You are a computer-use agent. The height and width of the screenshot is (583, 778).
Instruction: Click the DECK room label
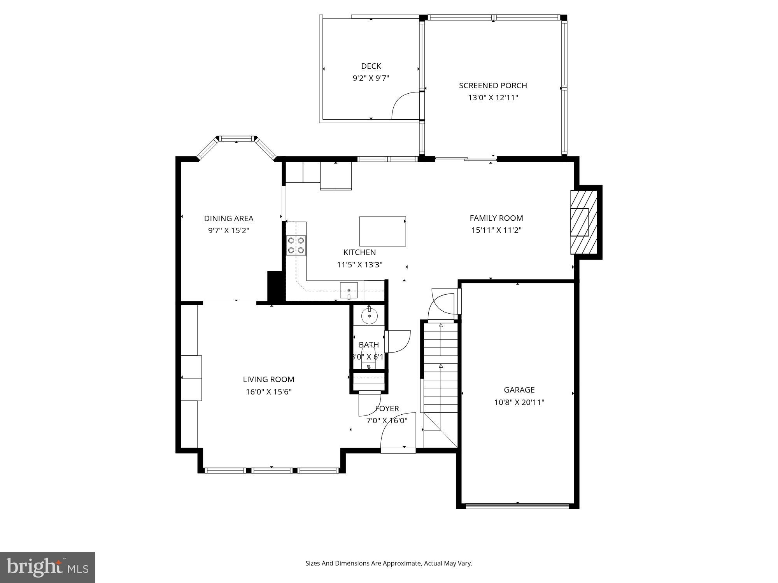tap(371, 66)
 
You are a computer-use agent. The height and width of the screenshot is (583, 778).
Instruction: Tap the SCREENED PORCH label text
tap(493, 86)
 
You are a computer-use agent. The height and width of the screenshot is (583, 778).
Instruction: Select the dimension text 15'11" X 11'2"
tap(496, 230)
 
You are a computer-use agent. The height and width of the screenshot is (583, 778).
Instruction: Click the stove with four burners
tap(296, 245)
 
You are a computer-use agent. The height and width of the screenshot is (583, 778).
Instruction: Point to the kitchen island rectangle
tap(382, 231)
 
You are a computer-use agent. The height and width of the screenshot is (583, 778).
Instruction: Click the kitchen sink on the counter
tap(349, 290)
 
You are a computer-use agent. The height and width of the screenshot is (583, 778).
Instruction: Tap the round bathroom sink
tap(369, 316)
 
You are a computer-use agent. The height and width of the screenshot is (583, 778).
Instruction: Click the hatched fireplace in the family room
tap(583, 222)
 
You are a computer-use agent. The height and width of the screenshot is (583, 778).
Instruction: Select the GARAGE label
tap(519, 390)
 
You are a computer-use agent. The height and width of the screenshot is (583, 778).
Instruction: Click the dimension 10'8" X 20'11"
tap(519, 402)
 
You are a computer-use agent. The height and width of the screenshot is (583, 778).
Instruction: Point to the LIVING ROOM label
tap(268, 379)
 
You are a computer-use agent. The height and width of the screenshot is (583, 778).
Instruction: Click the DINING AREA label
tap(229, 218)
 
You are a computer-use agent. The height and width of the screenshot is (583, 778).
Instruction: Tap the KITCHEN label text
tap(359, 252)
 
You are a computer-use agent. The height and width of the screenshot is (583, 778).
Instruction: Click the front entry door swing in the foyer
tap(397, 431)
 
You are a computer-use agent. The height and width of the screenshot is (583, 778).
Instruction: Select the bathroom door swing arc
tap(399, 341)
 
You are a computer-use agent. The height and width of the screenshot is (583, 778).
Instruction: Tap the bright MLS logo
tap(47, 567)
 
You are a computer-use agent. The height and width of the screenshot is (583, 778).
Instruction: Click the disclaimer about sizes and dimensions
tap(389, 563)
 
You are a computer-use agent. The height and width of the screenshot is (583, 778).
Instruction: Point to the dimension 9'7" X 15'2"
tap(229, 230)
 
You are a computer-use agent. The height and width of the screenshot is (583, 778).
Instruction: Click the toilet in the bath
tap(368, 360)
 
